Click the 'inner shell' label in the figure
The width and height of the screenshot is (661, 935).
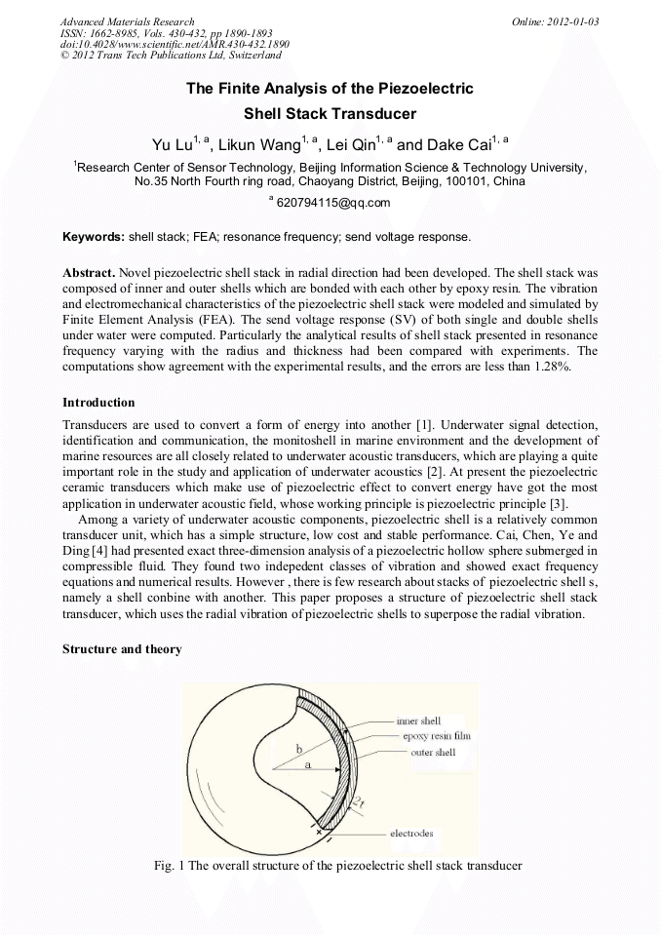click(418, 721)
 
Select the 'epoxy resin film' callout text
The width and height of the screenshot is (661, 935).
click(436, 736)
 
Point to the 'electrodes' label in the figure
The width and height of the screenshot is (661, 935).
click(411, 834)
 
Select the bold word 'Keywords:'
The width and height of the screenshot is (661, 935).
click(93, 237)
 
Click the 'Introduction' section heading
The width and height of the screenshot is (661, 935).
click(98, 402)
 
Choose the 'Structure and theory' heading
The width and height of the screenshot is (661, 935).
click(122, 649)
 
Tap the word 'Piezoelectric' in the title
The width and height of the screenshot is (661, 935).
click(428, 89)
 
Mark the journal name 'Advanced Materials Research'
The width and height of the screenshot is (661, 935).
click(127, 21)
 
